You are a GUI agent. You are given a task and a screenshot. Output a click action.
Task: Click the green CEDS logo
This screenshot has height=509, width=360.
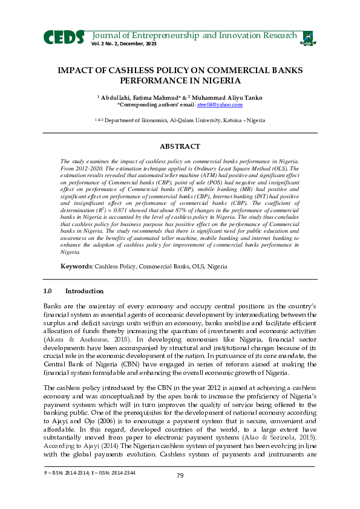(x=64, y=37)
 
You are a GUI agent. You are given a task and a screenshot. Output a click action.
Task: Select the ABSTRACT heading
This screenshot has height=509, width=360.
(x=179, y=146)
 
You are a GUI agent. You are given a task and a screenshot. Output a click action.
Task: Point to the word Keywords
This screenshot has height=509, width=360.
(x=75, y=267)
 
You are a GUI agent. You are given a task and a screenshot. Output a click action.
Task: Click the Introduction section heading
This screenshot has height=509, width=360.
(x=84, y=291)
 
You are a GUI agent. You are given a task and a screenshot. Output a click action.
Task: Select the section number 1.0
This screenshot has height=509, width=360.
(x=48, y=291)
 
